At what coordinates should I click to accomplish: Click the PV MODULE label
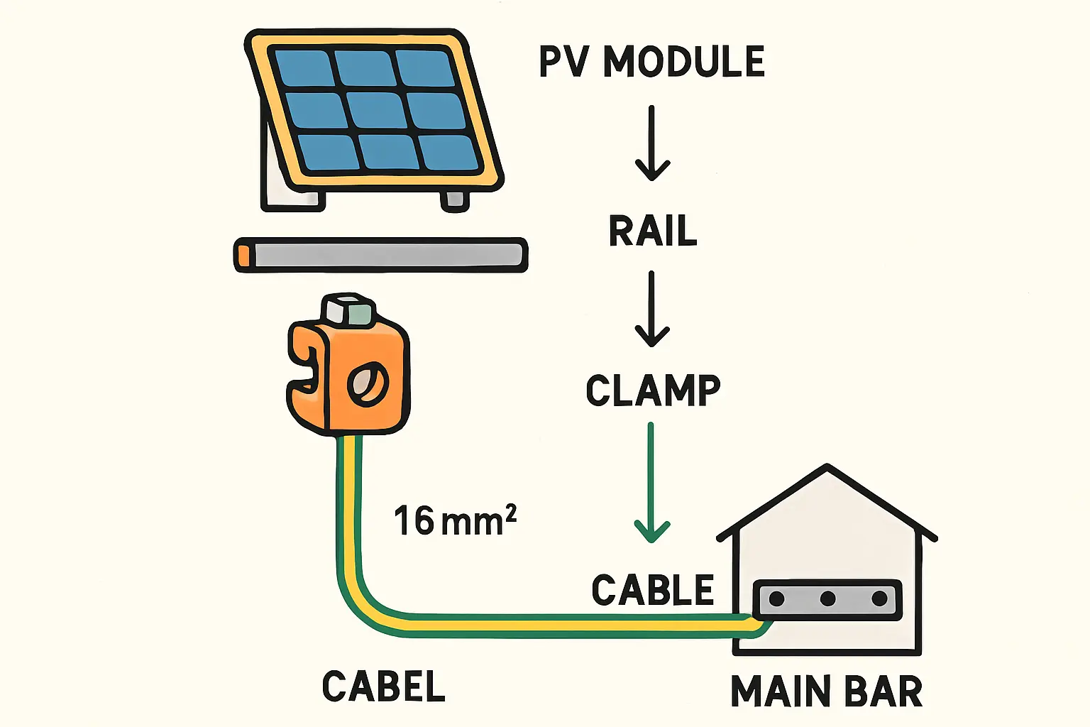coord(651,62)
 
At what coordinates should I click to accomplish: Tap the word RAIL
coord(653,231)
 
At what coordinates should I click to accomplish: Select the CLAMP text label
coord(653,390)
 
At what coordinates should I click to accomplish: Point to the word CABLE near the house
coord(653,591)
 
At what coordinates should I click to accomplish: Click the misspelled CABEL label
coord(383,687)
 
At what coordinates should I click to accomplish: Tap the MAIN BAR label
coord(827,692)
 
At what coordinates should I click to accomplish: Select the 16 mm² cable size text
coord(455,521)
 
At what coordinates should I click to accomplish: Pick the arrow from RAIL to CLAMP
coord(651,309)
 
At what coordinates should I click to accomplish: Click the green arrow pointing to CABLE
coord(651,483)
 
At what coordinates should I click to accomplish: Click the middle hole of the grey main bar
coord(827,598)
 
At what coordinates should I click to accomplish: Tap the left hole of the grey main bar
coord(777,598)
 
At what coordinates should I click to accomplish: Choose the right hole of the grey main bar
coord(879,598)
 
